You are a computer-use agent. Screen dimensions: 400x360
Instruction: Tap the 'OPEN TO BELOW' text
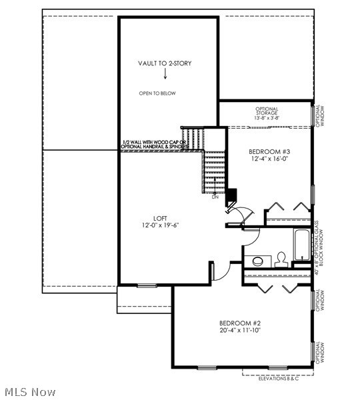tap(157, 93)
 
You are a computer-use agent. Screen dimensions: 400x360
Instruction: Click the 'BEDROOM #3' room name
tap(269, 151)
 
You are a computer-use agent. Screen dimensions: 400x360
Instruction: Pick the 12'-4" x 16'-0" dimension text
tap(269, 159)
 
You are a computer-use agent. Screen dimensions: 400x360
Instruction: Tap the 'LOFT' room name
tap(160, 217)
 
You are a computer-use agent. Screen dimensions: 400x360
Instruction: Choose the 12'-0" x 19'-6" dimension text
tap(160, 225)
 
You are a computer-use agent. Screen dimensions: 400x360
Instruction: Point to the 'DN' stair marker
tap(215, 197)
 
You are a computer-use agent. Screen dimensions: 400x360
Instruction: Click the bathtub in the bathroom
tap(301, 245)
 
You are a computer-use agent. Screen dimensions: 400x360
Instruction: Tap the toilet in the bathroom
tap(281, 258)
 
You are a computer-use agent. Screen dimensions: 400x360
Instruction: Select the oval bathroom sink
tap(257, 260)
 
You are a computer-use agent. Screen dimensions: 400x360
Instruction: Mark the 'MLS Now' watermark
tap(30, 392)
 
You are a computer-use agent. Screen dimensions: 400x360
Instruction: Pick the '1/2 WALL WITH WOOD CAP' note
tap(155, 144)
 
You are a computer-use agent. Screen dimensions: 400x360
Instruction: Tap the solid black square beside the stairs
tap(232, 195)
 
